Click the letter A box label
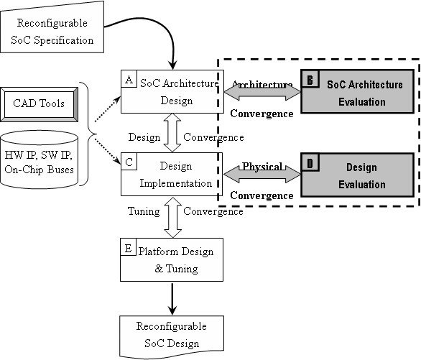pos(129,79)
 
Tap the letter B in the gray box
pos(310,79)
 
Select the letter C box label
pos(129,162)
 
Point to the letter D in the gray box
pos(310,162)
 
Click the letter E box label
pos(129,247)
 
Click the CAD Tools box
pos(40,104)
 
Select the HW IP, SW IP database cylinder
pos(40,160)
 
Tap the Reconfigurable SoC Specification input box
pos(52,27)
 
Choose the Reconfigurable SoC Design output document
pos(172,336)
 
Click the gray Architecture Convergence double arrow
pos(262,93)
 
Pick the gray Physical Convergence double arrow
pos(262,175)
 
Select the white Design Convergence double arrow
pos(172,133)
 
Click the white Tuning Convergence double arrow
pos(172,218)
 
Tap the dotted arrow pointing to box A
pos(107,109)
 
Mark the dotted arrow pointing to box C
pos(108,151)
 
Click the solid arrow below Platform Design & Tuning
pos(172,298)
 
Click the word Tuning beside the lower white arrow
pos(144,211)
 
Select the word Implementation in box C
pos(176,183)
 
